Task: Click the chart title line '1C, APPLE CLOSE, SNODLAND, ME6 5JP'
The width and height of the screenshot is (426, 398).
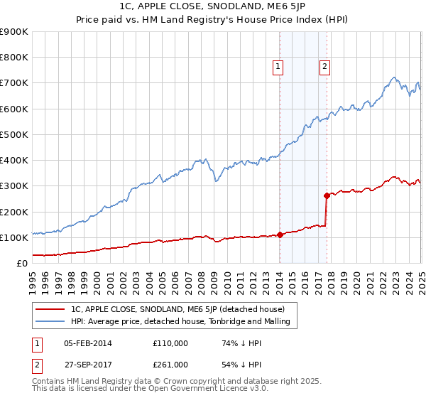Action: tap(213, 8)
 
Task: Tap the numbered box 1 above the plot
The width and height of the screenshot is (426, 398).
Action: tap(278, 67)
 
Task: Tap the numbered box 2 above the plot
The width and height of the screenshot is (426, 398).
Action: tap(324, 67)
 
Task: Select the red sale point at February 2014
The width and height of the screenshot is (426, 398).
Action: tap(280, 235)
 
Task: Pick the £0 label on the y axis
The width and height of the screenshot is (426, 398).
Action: tap(21, 263)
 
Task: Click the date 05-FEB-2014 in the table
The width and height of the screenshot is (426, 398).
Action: tap(87, 343)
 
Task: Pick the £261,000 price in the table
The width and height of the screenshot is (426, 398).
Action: tap(170, 364)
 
